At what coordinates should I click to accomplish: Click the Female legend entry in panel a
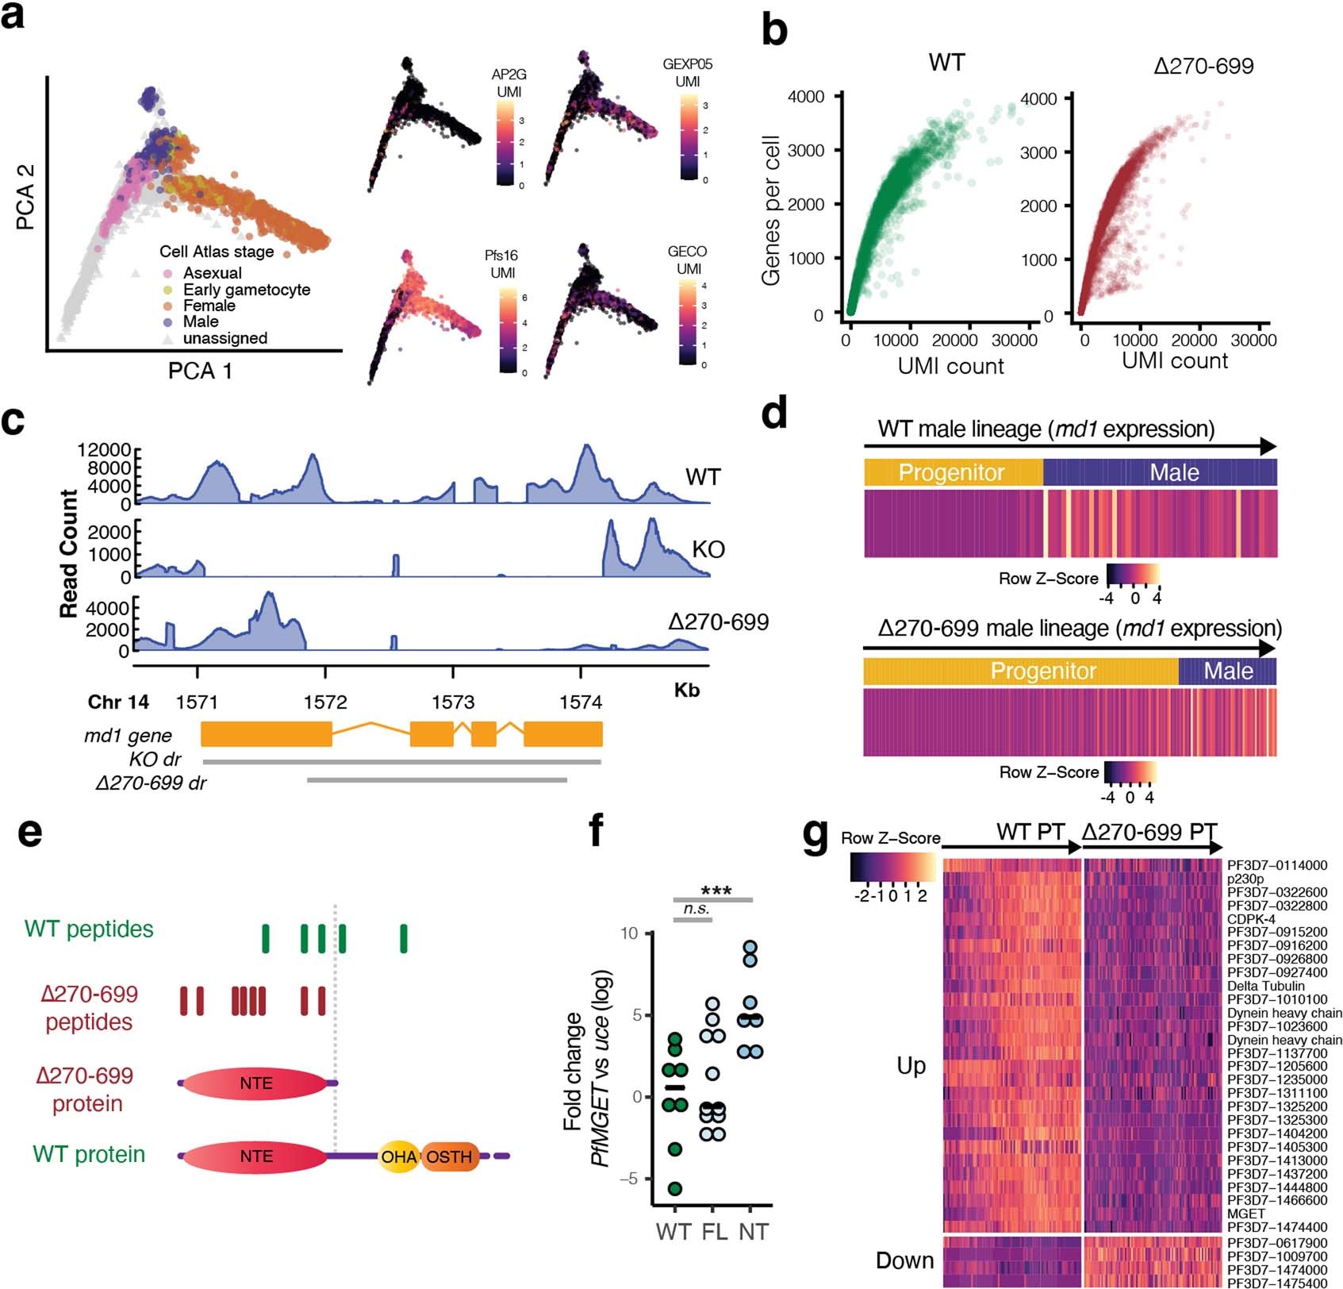click(209, 306)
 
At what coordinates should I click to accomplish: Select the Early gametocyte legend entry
click(246, 290)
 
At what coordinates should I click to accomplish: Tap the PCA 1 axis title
click(200, 371)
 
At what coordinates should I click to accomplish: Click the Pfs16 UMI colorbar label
click(501, 264)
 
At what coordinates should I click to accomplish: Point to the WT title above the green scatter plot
click(946, 63)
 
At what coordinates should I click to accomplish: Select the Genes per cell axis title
click(770, 210)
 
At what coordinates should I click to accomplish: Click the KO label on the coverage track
click(708, 549)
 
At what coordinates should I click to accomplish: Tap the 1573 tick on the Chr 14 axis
click(453, 702)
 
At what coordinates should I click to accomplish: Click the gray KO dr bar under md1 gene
click(401, 762)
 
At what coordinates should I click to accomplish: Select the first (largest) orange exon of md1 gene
click(266, 734)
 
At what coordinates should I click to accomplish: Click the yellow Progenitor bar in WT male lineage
click(952, 473)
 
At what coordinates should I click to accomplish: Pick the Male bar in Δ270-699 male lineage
click(1227, 671)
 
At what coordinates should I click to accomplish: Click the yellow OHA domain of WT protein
click(398, 1156)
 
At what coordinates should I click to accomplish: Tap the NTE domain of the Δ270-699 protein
click(255, 1083)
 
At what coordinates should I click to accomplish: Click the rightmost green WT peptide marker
click(404, 937)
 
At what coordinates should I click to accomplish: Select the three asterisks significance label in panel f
click(716, 891)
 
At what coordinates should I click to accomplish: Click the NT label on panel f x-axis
click(753, 1231)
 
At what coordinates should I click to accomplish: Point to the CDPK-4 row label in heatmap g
click(1251, 919)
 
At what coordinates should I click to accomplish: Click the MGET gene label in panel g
click(1245, 1214)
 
